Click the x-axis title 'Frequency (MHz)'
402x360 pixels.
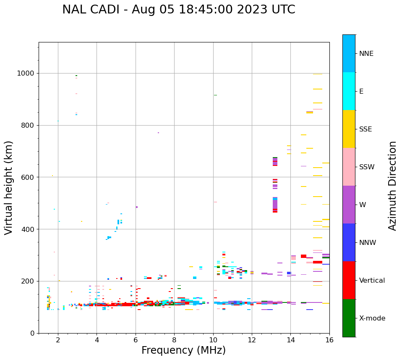click(183, 350)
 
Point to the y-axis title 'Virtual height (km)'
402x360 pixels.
click(9, 187)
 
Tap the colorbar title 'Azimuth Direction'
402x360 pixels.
click(392, 185)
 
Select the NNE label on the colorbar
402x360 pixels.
click(366, 54)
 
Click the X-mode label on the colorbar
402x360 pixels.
click(372, 318)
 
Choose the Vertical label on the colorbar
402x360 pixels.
click(372, 281)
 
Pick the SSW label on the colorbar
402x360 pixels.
click(367, 167)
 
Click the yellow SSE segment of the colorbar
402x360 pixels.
click(349, 129)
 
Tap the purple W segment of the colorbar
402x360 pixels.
click(349, 205)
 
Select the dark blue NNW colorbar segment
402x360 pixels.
click(349, 242)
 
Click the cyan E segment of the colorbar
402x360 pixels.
click(349, 91)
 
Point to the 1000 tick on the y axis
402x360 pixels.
click(26, 74)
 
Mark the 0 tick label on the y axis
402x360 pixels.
click(32, 333)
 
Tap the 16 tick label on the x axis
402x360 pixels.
click(329, 340)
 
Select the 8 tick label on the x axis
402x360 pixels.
click(174, 340)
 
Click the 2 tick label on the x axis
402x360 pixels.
click(58, 340)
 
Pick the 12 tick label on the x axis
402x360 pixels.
click(252, 340)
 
